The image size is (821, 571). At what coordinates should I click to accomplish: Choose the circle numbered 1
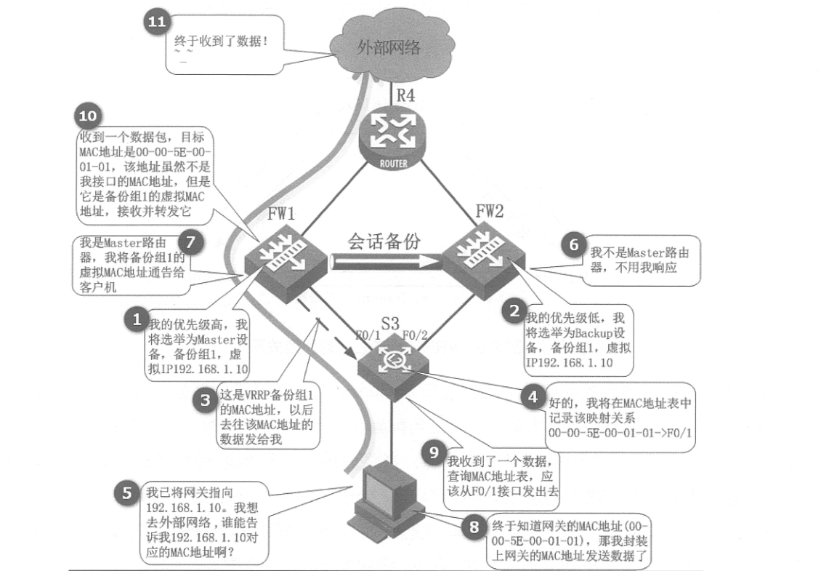pyautogui.click(x=135, y=319)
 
